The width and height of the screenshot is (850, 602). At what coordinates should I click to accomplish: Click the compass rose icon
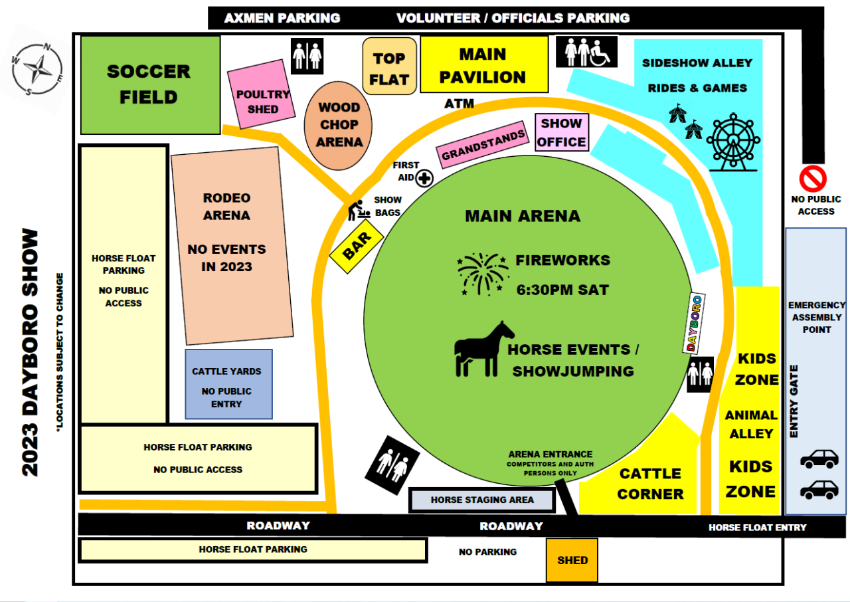tap(37, 69)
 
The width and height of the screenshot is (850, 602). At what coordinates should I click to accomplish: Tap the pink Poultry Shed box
tap(261, 94)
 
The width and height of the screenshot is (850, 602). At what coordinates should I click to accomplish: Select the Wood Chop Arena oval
tap(338, 126)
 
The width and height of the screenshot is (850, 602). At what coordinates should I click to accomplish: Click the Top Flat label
tap(389, 66)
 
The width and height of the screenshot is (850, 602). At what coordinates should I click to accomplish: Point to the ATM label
tap(459, 104)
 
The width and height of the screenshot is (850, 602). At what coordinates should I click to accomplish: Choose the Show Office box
tap(562, 132)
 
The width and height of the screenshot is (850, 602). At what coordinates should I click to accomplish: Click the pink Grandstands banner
tap(483, 145)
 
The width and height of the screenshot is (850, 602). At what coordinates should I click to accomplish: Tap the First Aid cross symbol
tap(424, 178)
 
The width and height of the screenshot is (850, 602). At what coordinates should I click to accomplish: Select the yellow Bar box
tap(357, 246)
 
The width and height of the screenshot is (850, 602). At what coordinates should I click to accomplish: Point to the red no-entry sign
tap(813, 178)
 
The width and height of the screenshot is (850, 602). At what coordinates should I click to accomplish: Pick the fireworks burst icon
tap(483, 274)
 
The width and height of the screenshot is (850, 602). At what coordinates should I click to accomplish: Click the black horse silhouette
tap(484, 350)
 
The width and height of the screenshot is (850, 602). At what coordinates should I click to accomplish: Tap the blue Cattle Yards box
tap(229, 384)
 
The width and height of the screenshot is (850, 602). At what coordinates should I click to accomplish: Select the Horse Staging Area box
tap(482, 500)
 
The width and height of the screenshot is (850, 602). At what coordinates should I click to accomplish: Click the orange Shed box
tap(572, 560)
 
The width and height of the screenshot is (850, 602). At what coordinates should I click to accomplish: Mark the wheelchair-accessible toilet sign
tap(586, 52)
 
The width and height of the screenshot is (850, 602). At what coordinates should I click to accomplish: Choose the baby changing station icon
tap(358, 210)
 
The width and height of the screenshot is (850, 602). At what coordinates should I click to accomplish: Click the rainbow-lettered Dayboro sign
tap(694, 323)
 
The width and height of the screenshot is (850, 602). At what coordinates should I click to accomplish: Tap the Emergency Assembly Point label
tap(817, 318)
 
